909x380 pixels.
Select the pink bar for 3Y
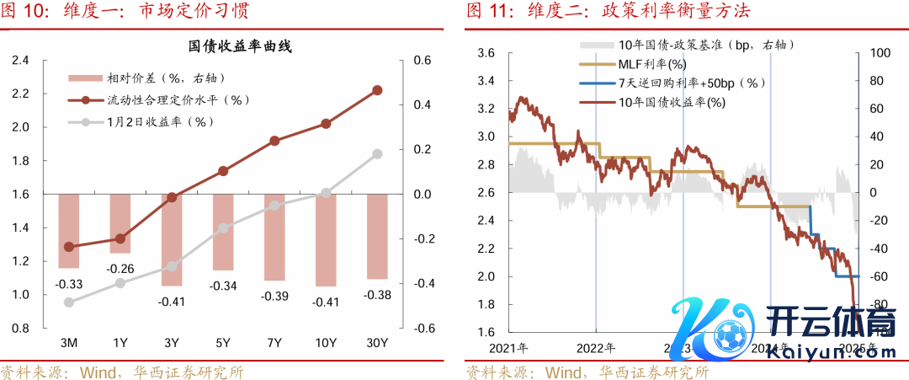172,239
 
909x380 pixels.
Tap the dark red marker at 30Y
377,90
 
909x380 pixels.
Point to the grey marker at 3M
69,302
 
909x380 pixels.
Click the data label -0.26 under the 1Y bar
120,269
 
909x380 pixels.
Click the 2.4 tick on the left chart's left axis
19,61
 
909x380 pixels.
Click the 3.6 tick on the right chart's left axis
486,53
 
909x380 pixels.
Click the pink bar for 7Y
274,237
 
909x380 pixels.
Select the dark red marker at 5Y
223,171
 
